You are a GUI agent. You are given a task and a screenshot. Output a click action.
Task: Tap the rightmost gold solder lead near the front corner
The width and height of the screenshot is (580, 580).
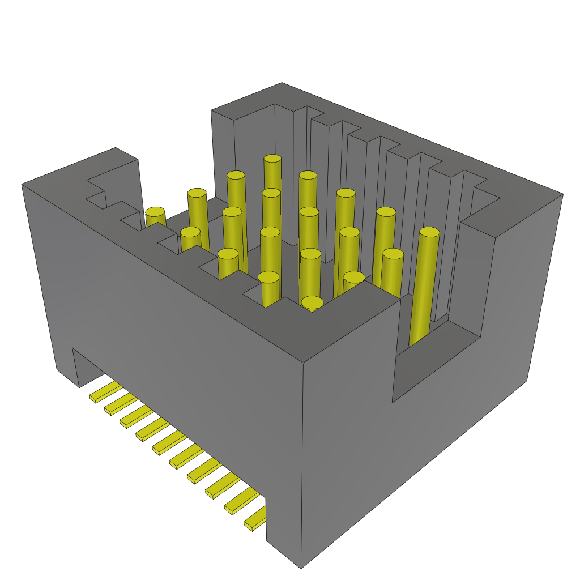click(x=256, y=518)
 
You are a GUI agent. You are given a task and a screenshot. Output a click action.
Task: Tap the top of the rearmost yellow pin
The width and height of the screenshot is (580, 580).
click(x=272, y=160)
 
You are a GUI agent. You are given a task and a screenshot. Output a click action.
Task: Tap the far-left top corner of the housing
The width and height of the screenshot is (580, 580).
click(x=23, y=185)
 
